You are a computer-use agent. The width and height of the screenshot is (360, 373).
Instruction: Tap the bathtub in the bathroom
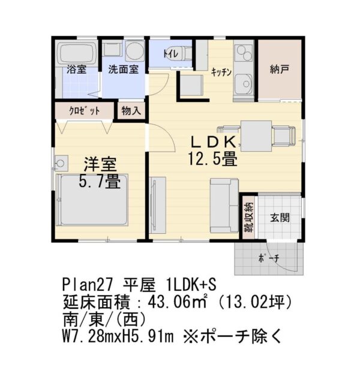click(76, 53)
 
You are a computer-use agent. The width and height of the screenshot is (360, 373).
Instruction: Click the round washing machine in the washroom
click(134, 50)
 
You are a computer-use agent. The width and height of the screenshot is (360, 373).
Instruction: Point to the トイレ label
click(170, 53)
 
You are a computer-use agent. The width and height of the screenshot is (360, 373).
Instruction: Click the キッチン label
click(221, 72)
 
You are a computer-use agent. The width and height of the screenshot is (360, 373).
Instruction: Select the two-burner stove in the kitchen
click(244, 53)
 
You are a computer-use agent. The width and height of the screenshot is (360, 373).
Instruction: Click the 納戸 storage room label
click(280, 70)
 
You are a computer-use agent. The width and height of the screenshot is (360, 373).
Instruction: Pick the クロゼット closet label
click(84, 111)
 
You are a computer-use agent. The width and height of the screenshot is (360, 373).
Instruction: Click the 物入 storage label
click(131, 110)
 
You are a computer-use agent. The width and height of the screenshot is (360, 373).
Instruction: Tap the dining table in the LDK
click(256, 136)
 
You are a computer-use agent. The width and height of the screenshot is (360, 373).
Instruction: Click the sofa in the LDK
click(224, 206)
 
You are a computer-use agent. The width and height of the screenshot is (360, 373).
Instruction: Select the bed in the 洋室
click(92, 200)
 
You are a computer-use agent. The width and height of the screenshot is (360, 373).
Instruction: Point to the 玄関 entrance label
click(280, 218)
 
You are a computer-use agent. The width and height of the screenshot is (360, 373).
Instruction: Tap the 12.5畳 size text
click(212, 159)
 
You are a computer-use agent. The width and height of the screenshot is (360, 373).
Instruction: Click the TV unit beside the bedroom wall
click(158, 205)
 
